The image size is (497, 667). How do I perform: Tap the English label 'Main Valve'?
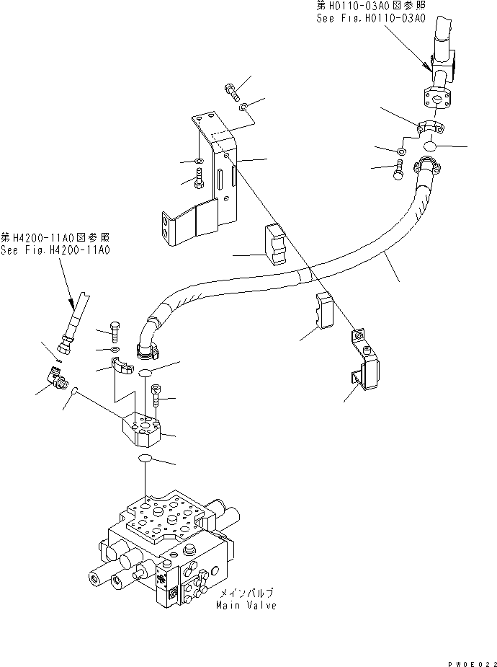[x=246, y=605]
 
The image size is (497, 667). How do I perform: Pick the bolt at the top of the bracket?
[x=232, y=91]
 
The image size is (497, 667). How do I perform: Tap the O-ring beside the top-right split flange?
[x=430, y=146]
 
